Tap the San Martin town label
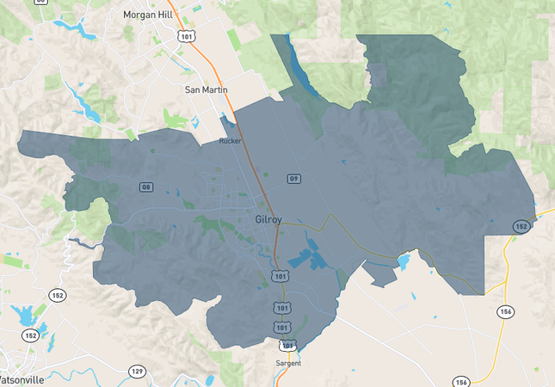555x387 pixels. pyautogui.click(x=205, y=89)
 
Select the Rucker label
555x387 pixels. pyautogui.click(x=231, y=140)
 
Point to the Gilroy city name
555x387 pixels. pyautogui.click(x=268, y=220)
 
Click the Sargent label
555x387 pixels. pyautogui.click(x=288, y=363)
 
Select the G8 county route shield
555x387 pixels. pyautogui.click(x=146, y=187)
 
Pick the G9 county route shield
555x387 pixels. pyautogui.click(x=293, y=179)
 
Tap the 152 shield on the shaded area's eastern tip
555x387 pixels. pyautogui.click(x=521, y=226)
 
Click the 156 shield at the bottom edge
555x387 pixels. pyautogui.click(x=461, y=382)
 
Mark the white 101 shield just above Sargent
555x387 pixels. pyautogui.click(x=288, y=345)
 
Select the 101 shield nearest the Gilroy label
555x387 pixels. pyautogui.click(x=279, y=275)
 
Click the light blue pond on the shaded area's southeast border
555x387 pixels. pyautogui.click(x=402, y=260)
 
